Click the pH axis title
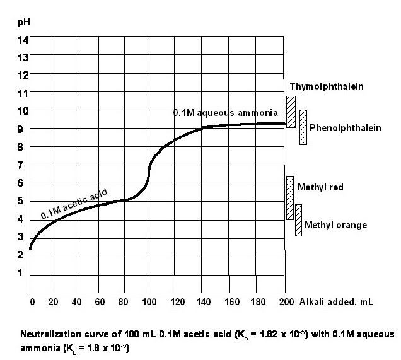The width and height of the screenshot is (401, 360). tap(23, 22)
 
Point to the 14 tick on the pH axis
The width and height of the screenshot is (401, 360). tap(23, 39)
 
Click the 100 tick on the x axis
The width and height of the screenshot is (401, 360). tap(149, 302)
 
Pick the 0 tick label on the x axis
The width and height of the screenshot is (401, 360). tap(31, 302)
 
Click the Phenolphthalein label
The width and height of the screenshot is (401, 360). tap(345, 127)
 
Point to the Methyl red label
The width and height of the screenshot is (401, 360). tap(322, 188)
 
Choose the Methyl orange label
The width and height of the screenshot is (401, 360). tap(335, 225)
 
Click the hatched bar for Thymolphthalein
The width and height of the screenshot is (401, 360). tap(291, 112)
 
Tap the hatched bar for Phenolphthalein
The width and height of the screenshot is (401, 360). tap(303, 127)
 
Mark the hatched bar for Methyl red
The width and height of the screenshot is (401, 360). tap(290, 197)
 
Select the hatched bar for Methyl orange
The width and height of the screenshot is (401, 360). tap(298, 220)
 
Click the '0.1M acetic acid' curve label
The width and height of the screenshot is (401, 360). tap(74, 204)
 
